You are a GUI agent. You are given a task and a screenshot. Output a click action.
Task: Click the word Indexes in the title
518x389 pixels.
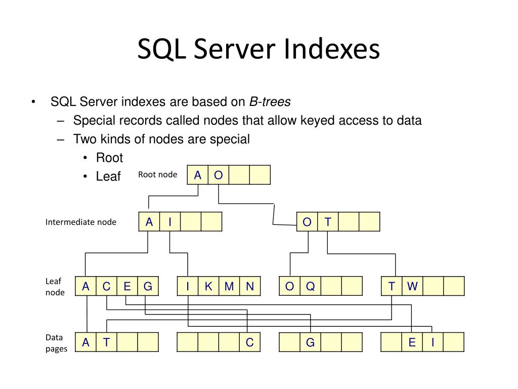click(331, 50)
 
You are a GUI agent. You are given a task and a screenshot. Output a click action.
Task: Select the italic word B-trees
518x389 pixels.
click(270, 102)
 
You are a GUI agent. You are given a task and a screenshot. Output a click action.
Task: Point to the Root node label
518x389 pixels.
click(158, 175)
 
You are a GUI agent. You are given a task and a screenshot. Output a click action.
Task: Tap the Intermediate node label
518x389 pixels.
click(81, 222)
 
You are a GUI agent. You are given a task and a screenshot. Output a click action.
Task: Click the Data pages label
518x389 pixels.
click(56, 343)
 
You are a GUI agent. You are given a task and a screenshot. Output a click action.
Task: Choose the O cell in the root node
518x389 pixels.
click(219, 175)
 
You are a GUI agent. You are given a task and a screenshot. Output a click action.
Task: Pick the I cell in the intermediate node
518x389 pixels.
click(170, 222)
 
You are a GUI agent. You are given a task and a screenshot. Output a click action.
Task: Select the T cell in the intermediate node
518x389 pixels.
click(328, 222)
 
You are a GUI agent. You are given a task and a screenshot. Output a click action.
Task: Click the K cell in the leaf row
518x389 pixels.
click(208, 287)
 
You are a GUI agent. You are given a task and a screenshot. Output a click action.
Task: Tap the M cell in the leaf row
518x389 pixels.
click(229, 287)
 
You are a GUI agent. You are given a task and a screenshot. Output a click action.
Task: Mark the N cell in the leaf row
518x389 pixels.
click(250, 287)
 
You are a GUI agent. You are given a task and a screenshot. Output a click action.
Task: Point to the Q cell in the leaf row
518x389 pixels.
click(311, 287)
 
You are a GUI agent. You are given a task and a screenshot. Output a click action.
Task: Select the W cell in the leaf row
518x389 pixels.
click(413, 287)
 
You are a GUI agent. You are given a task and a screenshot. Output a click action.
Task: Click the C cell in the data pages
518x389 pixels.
click(250, 342)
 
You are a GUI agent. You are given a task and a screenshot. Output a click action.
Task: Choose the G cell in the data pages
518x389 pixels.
click(311, 342)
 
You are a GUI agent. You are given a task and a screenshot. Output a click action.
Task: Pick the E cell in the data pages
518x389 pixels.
click(412, 342)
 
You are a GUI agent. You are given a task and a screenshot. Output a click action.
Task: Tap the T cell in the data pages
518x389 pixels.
click(106, 342)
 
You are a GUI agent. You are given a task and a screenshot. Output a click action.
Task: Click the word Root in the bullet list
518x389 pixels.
click(109, 158)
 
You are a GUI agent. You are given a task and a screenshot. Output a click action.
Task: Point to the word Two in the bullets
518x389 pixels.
click(84, 139)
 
